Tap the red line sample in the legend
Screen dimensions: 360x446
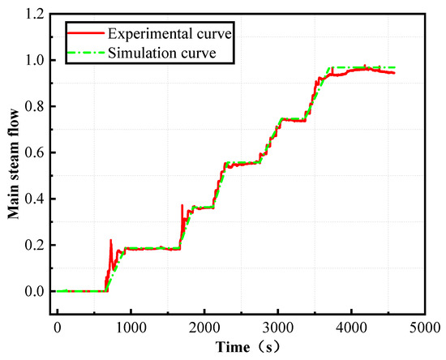(x=85, y=36)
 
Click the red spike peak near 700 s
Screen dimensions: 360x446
(x=110, y=240)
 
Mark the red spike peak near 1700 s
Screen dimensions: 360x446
(x=182, y=205)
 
